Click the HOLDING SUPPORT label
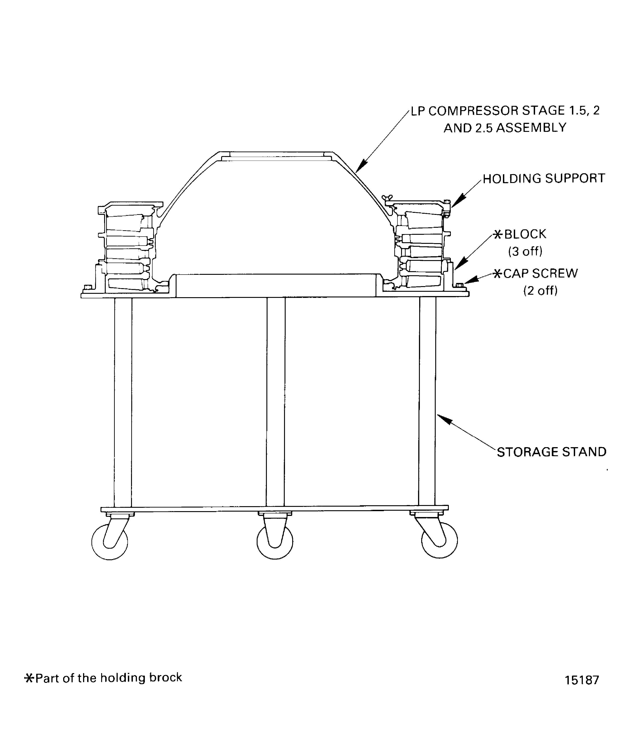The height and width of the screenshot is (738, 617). click(x=543, y=178)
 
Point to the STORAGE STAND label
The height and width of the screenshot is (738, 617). click(x=551, y=452)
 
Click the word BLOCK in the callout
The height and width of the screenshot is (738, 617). click(x=525, y=234)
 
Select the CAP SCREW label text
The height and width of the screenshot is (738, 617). click(x=540, y=273)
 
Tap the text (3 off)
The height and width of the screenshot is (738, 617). click(x=525, y=251)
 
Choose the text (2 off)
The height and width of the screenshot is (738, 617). click(x=540, y=291)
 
